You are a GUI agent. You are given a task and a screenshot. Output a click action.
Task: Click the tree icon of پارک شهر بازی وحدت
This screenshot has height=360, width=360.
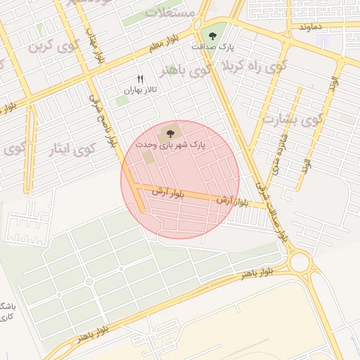[x=170, y=132]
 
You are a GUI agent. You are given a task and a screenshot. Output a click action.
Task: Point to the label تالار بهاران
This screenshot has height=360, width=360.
[x=139, y=90]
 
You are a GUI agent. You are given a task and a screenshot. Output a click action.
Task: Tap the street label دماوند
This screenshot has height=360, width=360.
[x=309, y=26]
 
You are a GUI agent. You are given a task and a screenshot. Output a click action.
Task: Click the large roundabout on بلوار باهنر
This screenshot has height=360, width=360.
[x=301, y=262]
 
